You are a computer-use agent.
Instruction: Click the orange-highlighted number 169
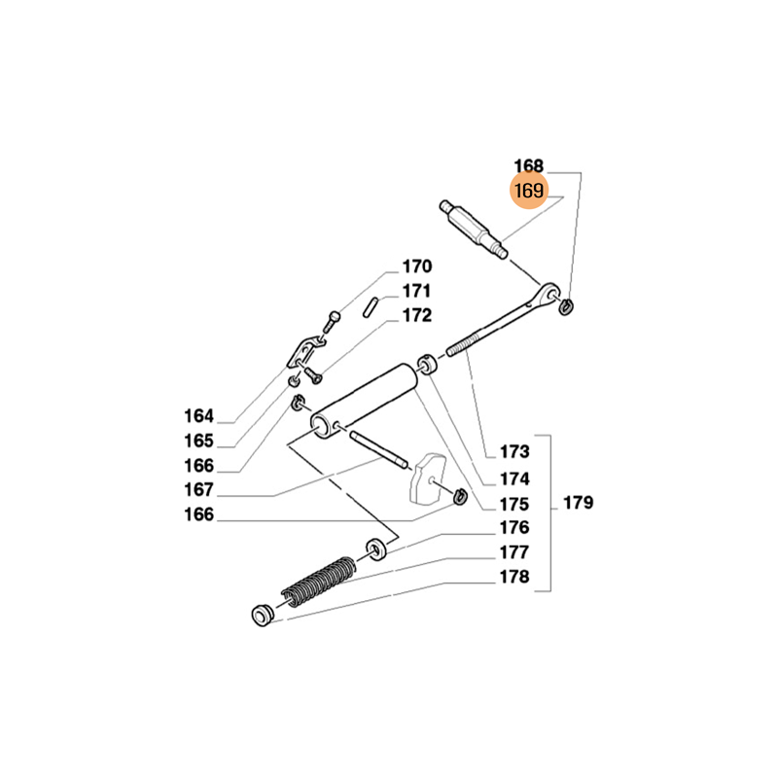pos(529,191)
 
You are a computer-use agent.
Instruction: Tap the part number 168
pos(529,165)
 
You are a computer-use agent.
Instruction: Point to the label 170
pos(416,266)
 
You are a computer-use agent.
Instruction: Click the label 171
pos(416,291)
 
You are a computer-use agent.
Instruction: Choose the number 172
pos(416,315)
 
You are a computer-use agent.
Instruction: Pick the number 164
pos(198,416)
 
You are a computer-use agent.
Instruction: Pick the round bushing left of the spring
pos(260,615)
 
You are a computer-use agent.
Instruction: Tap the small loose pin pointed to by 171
pos(374,303)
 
